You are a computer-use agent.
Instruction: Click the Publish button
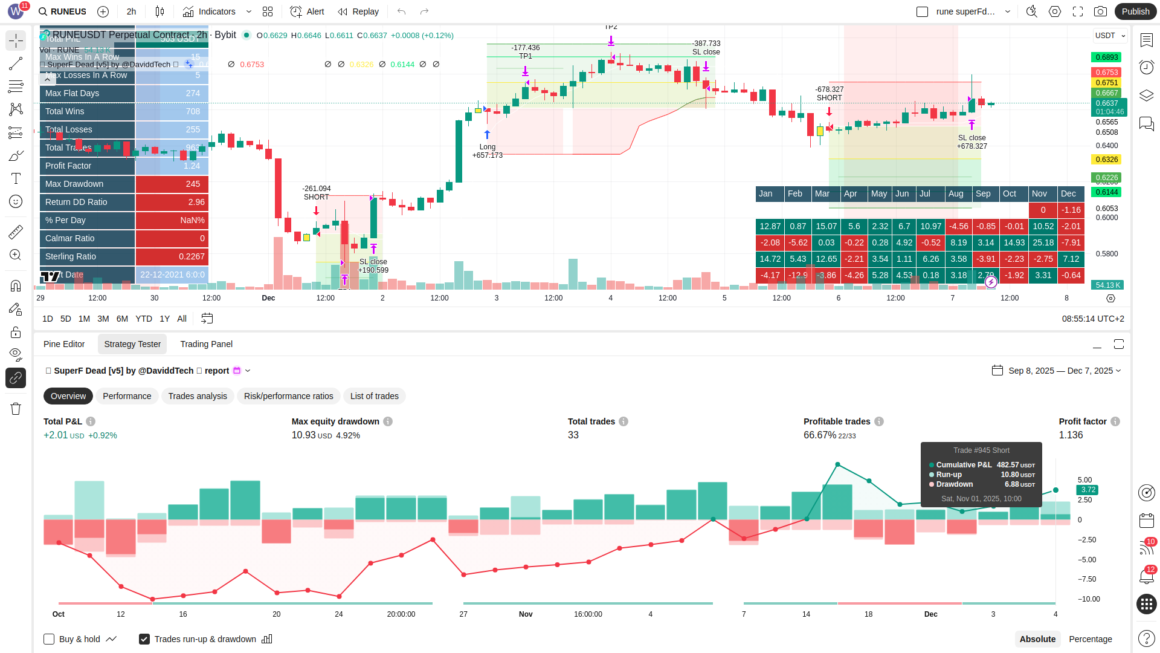click(x=1135, y=11)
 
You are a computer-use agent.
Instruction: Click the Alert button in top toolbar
click(x=308, y=11)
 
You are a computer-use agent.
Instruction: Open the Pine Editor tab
click(x=64, y=344)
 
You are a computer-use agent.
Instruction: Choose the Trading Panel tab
click(x=206, y=344)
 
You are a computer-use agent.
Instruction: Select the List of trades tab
click(x=374, y=396)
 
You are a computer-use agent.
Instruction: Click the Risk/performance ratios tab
click(x=288, y=396)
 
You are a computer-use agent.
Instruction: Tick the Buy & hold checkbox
click(x=50, y=639)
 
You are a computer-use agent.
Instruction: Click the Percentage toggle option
click(x=1090, y=639)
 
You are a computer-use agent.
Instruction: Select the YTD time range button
click(x=144, y=319)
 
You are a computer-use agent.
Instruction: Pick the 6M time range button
click(x=122, y=319)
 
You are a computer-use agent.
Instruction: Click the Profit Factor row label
click(x=68, y=166)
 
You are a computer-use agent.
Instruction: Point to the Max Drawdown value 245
click(x=193, y=184)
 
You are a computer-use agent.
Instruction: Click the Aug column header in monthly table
click(x=956, y=193)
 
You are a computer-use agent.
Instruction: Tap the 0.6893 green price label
click(x=1106, y=57)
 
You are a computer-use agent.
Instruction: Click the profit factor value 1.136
click(x=1071, y=435)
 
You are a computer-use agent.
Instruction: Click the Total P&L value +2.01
click(x=56, y=435)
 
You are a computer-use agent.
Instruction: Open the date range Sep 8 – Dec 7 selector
click(x=1057, y=371)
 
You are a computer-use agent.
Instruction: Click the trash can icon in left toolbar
click(x=16, y=409)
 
